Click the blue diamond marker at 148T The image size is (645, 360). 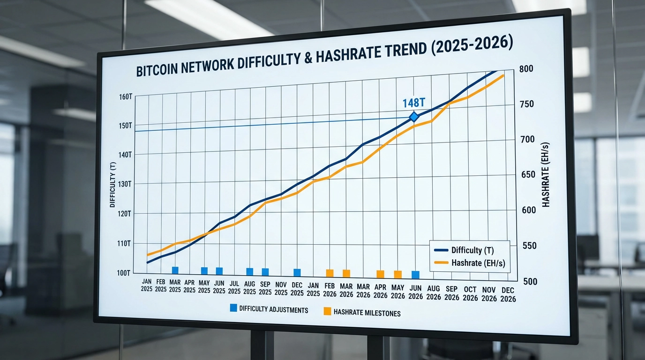(413, 117)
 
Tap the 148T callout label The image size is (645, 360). (414, 102)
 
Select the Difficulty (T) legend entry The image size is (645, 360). (472, 250)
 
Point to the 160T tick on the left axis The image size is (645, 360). (126, 97)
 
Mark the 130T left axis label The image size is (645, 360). (125, 184)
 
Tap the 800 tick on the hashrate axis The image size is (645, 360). (526, 69)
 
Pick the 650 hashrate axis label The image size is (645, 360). (528, 175)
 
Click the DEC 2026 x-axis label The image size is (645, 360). (508, 294)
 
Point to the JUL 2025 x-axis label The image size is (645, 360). (234, 286)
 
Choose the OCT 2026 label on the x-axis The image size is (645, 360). (470, 293)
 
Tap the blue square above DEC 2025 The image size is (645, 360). (297, 272)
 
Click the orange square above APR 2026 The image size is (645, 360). (380, 274)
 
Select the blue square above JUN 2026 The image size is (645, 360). (415, 274)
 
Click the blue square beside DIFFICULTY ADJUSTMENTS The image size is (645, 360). (233, 308)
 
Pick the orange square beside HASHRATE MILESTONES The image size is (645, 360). (327, 311)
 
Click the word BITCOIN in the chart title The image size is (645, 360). (158, 70)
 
